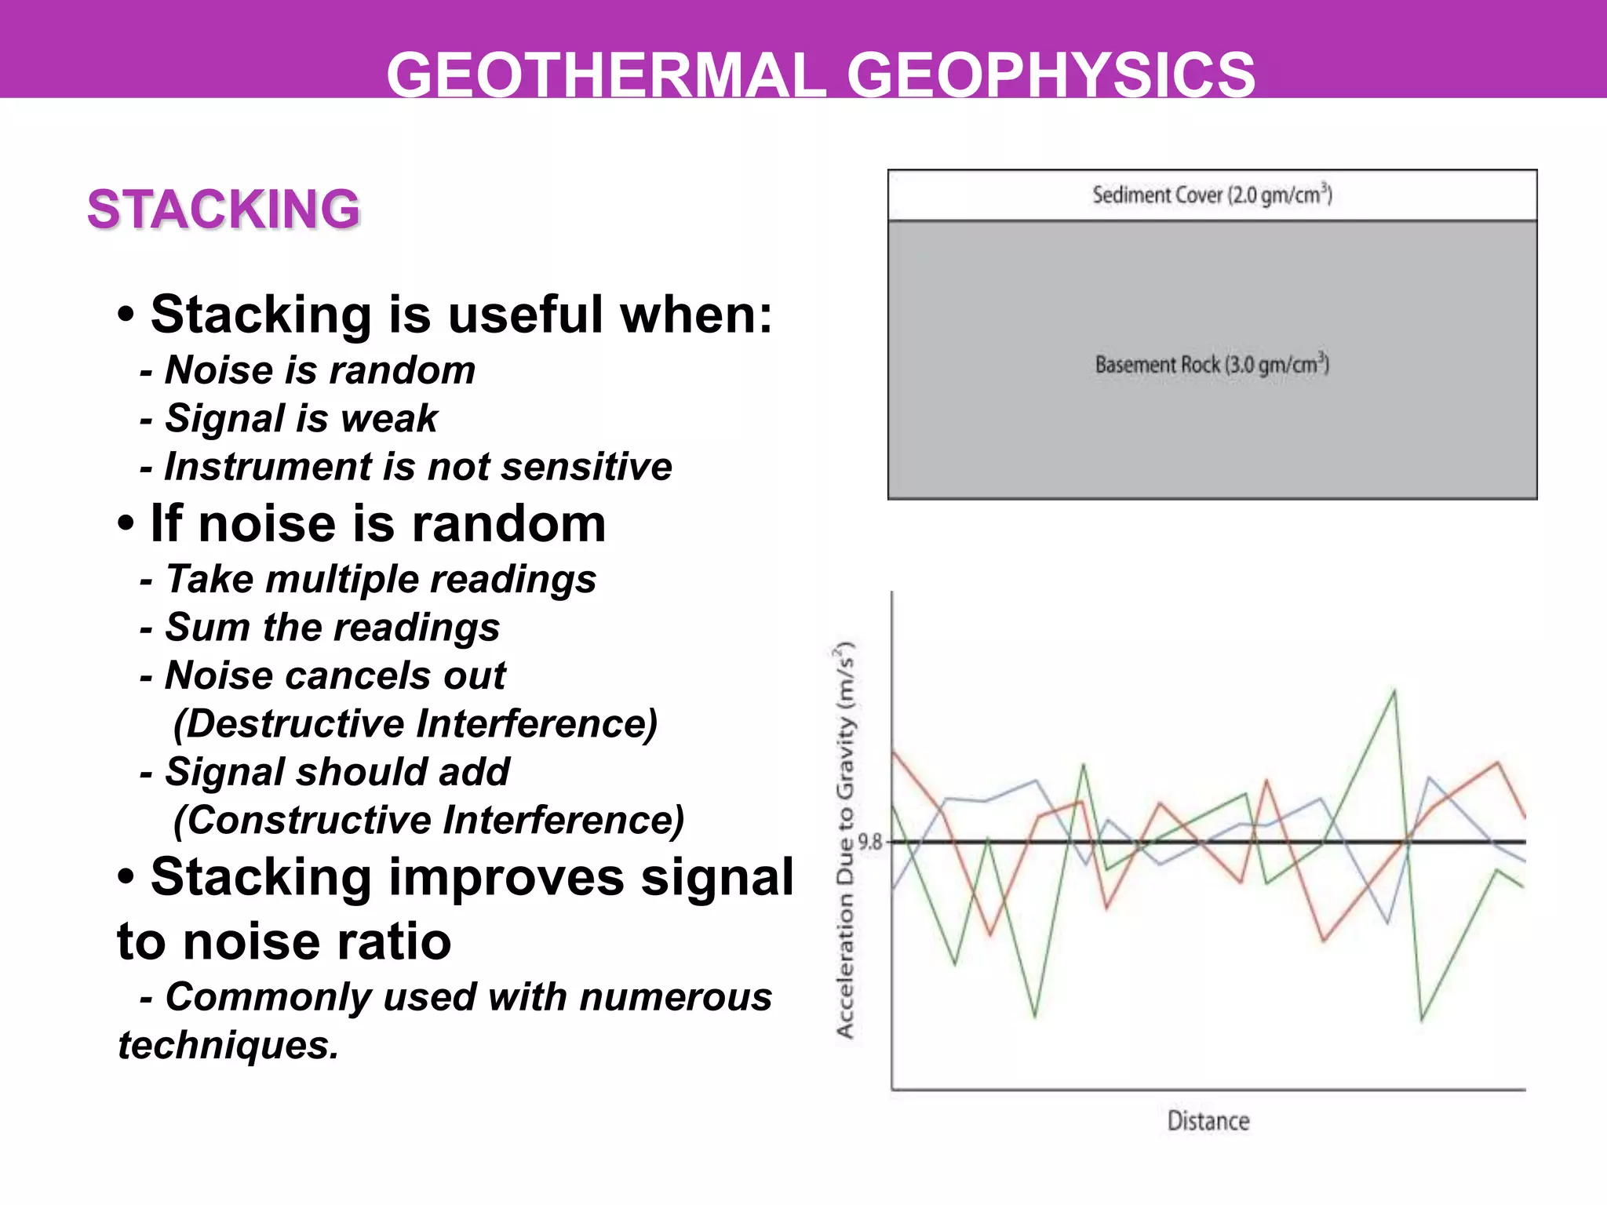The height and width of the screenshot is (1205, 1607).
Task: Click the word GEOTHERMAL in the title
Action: point(606,75)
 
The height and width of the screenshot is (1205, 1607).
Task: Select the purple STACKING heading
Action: point(224,209)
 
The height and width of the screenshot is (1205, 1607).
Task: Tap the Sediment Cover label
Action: point(1212,195)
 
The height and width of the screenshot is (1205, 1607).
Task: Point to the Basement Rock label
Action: point(1212,365)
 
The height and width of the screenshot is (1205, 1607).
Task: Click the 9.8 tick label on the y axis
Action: point(869,843)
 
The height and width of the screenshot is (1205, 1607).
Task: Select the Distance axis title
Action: point(1208,1120)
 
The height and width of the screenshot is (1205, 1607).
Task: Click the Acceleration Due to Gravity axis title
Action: point(844,839)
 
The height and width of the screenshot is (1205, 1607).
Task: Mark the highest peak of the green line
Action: point(1394,691)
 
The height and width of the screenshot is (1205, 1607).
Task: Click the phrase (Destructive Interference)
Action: point(415,723)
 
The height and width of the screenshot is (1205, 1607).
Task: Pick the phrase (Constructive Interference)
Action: point(428,820)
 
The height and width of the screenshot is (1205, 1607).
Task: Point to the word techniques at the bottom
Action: point(228,1045)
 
